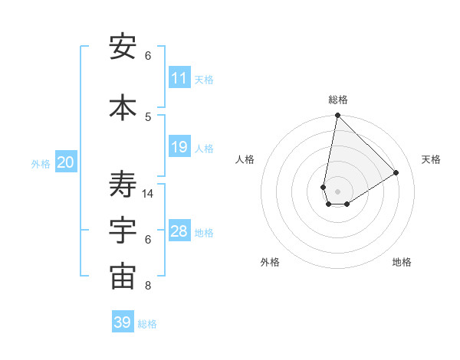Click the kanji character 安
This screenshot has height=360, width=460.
pyautogui.click(x=123, y=47)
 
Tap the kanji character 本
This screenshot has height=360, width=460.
pyautogui.click(x=123, y=107)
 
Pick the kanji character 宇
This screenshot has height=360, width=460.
pyautogui.click(x=123, y=231)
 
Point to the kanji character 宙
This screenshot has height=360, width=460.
pyautogui.click(x=123, y=277)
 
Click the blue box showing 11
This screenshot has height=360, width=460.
pyautogui.click(x=179, y=78)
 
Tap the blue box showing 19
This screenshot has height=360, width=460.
pyautogui.click(x=179, y=147)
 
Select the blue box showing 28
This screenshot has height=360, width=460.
pyautogui.click(x=179, y=231)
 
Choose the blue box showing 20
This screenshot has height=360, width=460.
pyautogui.click(x=66, y=162)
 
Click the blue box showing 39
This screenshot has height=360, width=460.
pyautogui.click(x=123, y=322)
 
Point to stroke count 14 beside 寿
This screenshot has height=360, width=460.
pyautogui.click(x=148, y=194)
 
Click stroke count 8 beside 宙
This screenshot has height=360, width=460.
pyautogui.click(x=148, y=286)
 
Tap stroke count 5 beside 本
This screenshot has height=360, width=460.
pyautogui.click(x=148, y=116)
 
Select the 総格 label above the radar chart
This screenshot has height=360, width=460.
pyautogui.click(x=337, y=100)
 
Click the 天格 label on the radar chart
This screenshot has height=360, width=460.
pyautogui.click(x=431, y=159)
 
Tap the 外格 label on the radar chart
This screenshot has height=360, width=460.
pyautogui.click(x=270, y=262)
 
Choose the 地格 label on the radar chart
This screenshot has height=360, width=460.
pyautogui.click(x=402, y=262)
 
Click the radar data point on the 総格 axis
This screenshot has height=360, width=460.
pyautogui.click(x=337, y=116)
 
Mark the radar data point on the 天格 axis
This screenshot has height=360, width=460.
pyautogui.click(x=396, y=172)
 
